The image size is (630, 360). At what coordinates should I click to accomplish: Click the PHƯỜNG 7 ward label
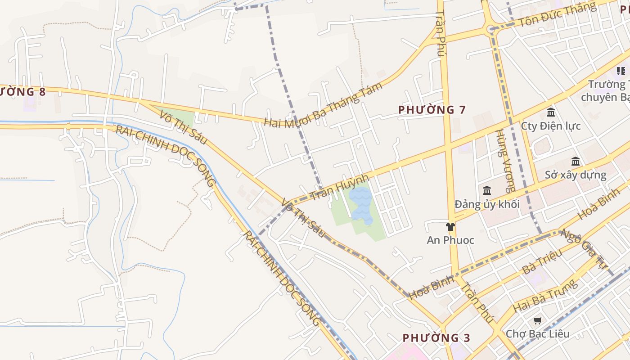pos(432,109)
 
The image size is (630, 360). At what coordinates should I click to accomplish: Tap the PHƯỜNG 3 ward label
pos(436,337)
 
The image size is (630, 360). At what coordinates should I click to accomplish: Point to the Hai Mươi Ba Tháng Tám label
pos(323,104)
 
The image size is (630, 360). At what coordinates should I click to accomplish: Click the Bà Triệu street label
pos(542,262)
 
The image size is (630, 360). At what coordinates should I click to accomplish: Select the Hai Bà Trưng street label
pos(544,296)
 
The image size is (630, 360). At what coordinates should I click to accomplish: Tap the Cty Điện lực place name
pos(551,126)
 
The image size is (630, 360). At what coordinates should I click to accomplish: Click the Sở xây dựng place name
pos(576,175)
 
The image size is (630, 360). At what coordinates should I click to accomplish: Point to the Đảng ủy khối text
pos(487,204)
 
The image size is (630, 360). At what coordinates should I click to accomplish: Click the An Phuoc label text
pos(450,240)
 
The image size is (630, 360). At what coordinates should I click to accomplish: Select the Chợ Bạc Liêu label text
pos(537,334)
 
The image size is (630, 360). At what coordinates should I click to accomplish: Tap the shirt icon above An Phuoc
pos(450,227)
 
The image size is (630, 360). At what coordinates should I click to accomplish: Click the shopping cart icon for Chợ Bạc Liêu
pos(537,320)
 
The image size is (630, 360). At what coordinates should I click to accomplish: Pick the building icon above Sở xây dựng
pos(576,161)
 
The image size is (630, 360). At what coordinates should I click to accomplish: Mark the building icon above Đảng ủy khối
pos(486,191)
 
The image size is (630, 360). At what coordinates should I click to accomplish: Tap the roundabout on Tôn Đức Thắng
pos(490,29)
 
